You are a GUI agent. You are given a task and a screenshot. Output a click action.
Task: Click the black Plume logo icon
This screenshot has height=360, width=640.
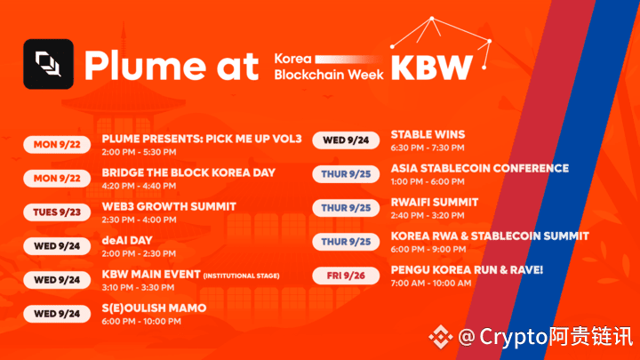click(49, 64)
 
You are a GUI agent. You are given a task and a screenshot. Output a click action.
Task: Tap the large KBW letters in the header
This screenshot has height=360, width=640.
click(432, 68)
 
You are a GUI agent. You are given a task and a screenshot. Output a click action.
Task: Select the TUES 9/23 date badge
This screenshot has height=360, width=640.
click(57, 212)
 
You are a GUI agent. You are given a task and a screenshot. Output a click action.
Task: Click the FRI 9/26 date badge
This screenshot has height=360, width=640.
click(346, 276)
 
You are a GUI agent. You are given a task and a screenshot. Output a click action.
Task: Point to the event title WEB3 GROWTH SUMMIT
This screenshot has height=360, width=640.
click(169, 206)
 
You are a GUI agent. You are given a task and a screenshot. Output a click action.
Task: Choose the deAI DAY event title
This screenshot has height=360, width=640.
click(127, 240)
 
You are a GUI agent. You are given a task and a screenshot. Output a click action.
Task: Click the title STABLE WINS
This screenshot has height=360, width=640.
click(428, 135)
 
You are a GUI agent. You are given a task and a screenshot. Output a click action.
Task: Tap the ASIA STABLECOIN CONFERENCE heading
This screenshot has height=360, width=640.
click(480, 169)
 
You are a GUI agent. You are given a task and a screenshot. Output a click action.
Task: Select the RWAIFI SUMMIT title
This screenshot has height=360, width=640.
click(435, 203)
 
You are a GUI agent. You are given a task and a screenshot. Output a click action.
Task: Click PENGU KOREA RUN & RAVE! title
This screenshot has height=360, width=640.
click(467, 270)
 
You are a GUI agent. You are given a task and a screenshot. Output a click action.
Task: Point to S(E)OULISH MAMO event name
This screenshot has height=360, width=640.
click(154, 308)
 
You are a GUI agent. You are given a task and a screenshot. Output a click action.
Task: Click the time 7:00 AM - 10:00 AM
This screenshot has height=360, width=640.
click(431, 284)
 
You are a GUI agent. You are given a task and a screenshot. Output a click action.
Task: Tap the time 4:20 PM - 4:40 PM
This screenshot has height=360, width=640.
click(139, 186)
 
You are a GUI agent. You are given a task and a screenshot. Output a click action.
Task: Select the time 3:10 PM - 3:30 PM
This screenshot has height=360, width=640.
click(138, 288)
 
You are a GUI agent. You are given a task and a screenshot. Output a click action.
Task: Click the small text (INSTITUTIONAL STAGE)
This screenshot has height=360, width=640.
click(241, 276)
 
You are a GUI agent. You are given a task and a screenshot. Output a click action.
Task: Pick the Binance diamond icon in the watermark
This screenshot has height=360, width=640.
click(441, 337)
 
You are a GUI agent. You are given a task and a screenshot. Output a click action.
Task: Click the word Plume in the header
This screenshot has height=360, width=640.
click(145, 65)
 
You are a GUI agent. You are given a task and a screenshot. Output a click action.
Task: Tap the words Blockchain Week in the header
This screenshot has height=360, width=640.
click(329, 75)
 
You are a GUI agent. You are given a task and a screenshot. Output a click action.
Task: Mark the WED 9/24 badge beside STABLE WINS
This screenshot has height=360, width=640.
click(346, 140)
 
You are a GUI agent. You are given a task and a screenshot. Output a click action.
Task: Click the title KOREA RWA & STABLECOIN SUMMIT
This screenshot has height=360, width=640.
click(490, 236)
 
